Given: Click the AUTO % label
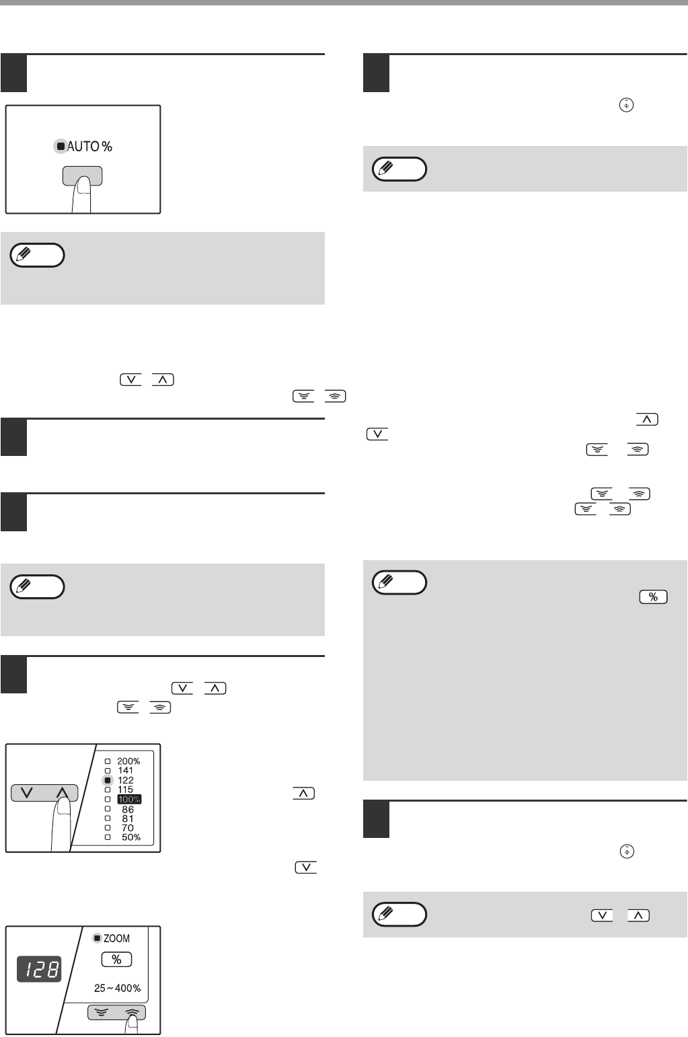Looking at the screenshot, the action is (x=90, y=147).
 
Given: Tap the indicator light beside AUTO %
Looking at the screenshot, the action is (x=61, y=147).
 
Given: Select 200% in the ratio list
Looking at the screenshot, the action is (x=128, y=761).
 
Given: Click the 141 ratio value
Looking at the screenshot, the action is (x=125, y=770).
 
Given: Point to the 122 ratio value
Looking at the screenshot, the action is (x=126, y=780).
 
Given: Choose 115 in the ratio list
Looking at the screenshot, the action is (x=125, y=790).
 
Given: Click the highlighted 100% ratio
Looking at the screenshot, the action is (x=129, y=799).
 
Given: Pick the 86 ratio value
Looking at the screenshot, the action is (x=128, y=809).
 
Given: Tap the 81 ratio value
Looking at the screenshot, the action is (x=127, y=818).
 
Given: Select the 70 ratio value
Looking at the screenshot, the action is (x=127, y=828).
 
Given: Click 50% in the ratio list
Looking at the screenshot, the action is (x=130, y=837).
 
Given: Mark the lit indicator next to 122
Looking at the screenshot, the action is (x=108, y=780).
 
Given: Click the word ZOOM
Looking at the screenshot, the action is (x=116, y=938).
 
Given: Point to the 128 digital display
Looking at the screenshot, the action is (x=40, y=969).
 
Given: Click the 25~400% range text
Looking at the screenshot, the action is (x=117, y=989).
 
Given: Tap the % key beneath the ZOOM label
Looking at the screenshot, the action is (x=116, y=959).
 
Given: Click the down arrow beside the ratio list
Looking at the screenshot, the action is (x=27, y=793).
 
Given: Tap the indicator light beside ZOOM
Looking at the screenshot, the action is (x=98, y=938).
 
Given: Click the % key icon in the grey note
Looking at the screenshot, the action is (x=653, y=597).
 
